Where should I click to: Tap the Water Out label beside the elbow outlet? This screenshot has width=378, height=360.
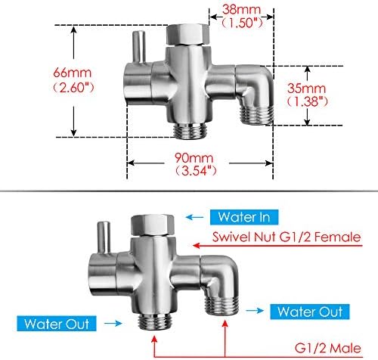(x=310, y=312)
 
